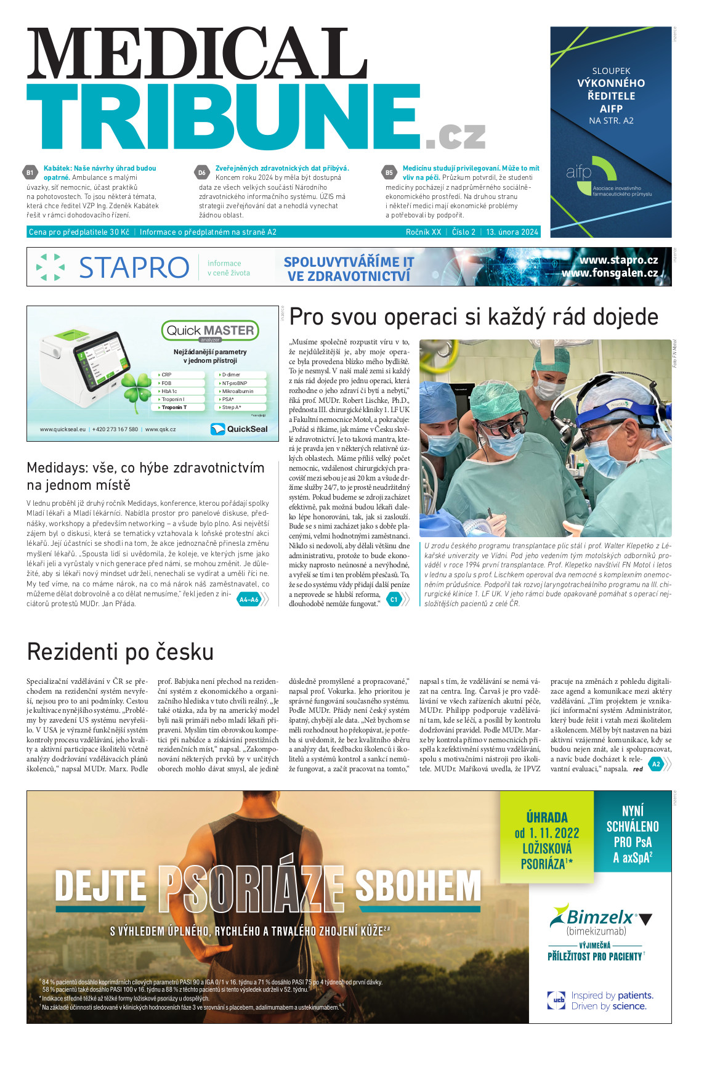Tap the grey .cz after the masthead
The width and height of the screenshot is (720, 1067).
pyautogui.click(x=455, y=136)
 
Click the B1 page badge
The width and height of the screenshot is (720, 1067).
pyautogui.click(x=30, y=173)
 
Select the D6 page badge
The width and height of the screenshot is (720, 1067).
pyautogui.click(x=202, y=173)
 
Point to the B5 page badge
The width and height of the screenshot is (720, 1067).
pyautogui.click(x=389, y=173)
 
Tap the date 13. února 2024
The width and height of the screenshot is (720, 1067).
pyautogui.click(x=512, y=232)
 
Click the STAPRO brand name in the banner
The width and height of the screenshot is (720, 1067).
pyautogui.click(x=134, y=267)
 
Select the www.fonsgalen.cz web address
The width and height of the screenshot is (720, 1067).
pyautogui.click(x=610, y=273)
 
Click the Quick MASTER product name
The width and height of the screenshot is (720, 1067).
pyautogui.click(x=210, y=331)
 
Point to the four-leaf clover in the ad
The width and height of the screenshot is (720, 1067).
pyautogui.click(x=136, y=387)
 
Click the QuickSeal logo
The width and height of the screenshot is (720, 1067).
pyautogui.click(x=240, y=429)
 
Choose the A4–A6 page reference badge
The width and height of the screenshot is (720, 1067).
pyautogui.click(x=249, y=599)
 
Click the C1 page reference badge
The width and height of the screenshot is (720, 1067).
pyautogui.click(x=394, y=599)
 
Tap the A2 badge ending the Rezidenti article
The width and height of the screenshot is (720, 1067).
pyautogui.click(x=656, y=764)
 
